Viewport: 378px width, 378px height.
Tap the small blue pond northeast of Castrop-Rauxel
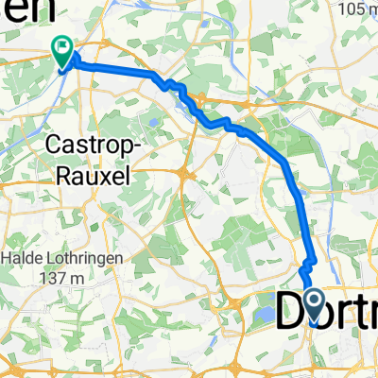[151, 121]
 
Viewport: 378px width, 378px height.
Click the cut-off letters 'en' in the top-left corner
[21, 10]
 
